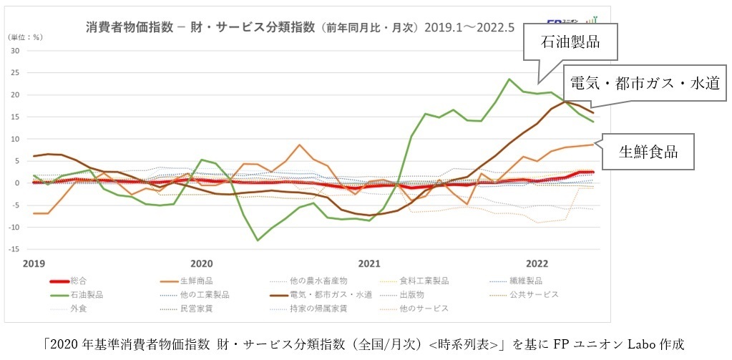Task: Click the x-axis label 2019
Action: [34, 263]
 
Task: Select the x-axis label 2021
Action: [369, 263]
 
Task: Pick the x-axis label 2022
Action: [537, 263]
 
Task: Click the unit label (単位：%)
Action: [24, 37]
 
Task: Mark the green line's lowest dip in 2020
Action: [258, 240]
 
